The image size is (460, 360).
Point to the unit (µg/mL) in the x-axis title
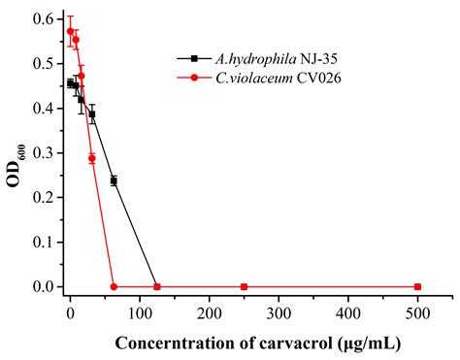341,344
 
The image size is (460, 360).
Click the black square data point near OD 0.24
114,180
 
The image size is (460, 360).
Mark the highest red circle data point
70,31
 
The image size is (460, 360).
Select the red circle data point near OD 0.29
92,158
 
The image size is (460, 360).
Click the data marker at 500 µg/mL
417,286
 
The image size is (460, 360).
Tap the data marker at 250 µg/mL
244,286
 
